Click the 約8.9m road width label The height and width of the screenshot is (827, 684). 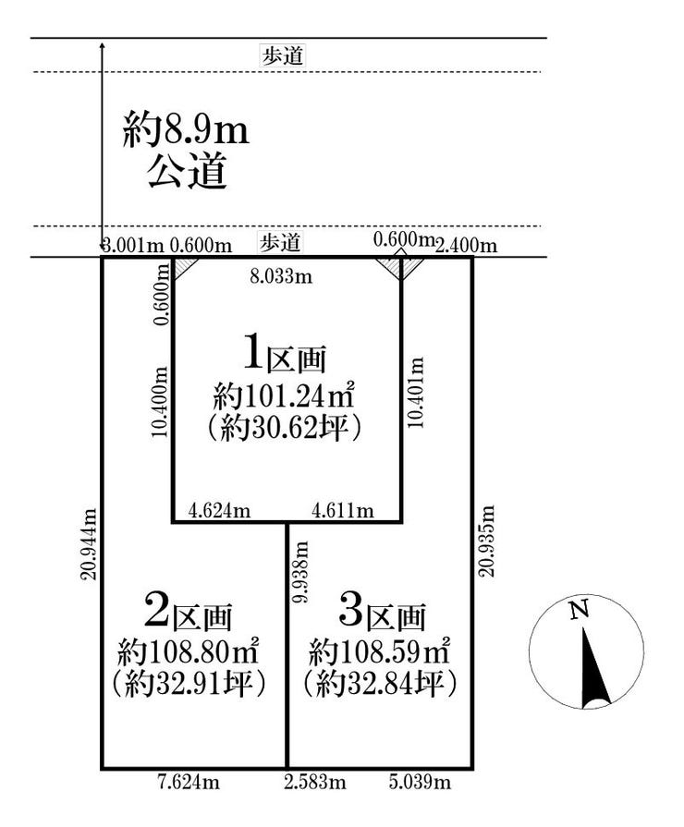point(185,129)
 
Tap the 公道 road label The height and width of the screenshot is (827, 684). point(188,171)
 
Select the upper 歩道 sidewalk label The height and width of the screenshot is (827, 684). point(283,56)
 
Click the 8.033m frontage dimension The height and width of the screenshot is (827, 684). point(281,276)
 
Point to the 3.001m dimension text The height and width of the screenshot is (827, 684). point(134,245)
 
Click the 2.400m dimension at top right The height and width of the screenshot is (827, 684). point(466,245)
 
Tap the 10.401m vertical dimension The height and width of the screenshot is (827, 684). point(416,393)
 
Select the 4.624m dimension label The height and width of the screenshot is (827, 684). point(219,511)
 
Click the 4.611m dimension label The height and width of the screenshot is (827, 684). point(343,511)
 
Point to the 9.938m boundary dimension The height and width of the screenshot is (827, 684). point(301,572)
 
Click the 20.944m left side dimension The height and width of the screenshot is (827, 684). point(89,544)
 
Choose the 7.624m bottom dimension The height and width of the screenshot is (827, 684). point(189,782)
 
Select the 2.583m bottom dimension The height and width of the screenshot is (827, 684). point(315,782)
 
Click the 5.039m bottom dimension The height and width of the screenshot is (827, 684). point(421,782)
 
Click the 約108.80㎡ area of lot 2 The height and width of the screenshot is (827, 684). point(188,652)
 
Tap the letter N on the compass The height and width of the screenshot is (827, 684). point(580,610)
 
